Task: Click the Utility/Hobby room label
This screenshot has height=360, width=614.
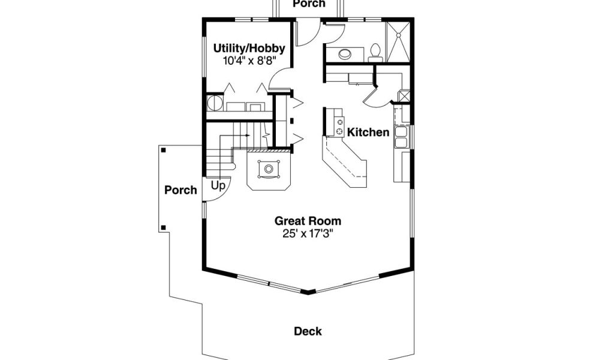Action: coord(249,49)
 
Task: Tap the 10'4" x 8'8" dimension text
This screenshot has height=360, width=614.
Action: coord(249,61)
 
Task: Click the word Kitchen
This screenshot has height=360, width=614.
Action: coord(368,133)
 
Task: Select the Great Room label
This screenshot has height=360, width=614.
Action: coord(308,221)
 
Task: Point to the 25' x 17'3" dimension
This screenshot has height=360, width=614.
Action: coord(308,234)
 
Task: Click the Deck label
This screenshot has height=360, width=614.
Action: coord(308,331)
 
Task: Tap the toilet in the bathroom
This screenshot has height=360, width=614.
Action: coord(375,52)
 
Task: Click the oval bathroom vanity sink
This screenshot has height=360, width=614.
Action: coord(345,54)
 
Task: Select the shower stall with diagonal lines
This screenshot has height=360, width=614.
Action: coord(398,42)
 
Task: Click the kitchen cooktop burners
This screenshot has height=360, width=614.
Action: coord(339,127)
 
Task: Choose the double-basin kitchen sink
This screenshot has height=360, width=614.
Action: coord(401,137)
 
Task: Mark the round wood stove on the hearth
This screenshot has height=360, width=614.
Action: coord(268,169)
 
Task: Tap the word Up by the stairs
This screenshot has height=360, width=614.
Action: coord(218,185)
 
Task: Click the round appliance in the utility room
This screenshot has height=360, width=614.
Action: coord(215,103)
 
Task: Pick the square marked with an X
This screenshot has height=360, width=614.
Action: coord(404,97)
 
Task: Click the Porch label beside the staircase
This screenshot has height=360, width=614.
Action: coord(180,190)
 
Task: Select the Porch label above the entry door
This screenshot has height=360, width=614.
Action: coord(309,4)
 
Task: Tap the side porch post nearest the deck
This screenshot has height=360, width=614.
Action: coord(163,227)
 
